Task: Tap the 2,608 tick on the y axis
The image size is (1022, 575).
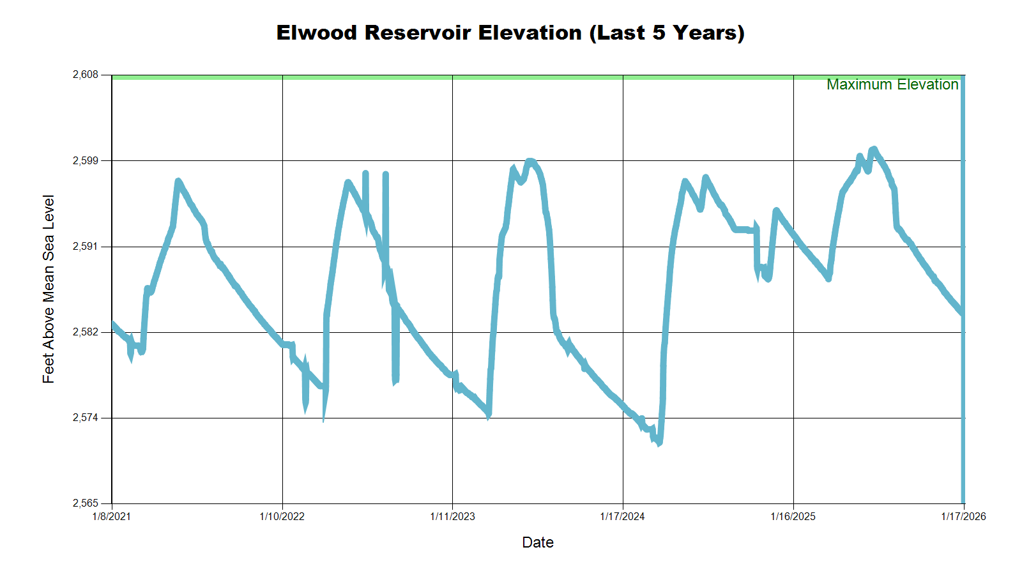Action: pyautogui.click(x=86, y=75)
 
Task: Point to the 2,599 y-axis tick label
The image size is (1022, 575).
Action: pyautogui.click(x=86, y=160)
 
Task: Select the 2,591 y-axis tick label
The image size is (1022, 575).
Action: pyautogui.click(x=86, y=247)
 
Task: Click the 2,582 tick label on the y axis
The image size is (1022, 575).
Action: pyautogui.click(x=86, y=332)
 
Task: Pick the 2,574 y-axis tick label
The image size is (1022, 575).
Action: pyautogui.click(x=86, y=418)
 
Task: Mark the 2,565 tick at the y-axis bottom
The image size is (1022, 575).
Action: pyautogui.click(x=86, y=503)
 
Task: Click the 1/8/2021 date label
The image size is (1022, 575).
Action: pyautogui.click(x=112, y=516)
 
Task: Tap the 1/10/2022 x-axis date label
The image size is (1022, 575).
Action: pyautogui.click(x=282, y=516)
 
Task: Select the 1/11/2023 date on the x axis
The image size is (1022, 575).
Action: pyautogui.click(x=452, y=516)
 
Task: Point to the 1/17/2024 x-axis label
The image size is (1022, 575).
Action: pyautogui.click(x=623, y=516)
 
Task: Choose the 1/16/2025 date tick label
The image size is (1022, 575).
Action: pyautogui.click(x=793, y=516)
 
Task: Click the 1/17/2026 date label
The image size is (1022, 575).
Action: pyautogui.click(x=963, y=516)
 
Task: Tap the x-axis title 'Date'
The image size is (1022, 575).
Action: pyautogui.click(x=538, y=542)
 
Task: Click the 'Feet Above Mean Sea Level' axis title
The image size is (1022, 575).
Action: pyautogui.click(x=49, y=289)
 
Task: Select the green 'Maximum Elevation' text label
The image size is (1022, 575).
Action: pyautogui.click(x=892, y=84)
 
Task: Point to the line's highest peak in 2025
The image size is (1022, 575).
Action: pyautogui.click(x=873, y=149)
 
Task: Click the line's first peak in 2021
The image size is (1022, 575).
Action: pyautogui.click(x=178, y=181)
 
